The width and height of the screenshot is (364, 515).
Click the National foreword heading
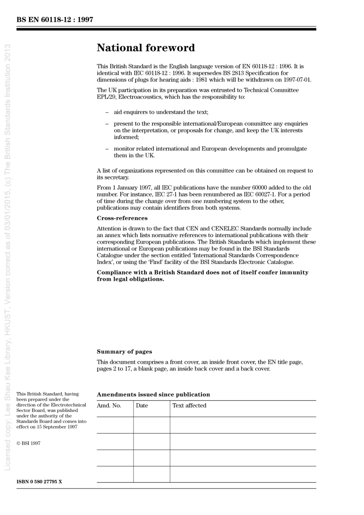146,48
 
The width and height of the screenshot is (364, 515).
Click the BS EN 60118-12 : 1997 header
55,20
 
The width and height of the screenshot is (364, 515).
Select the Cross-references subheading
122,218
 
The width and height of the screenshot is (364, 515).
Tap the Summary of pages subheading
124,352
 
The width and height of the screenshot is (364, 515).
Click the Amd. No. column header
109,405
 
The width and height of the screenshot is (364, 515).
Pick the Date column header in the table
142,405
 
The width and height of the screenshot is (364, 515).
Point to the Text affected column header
189,405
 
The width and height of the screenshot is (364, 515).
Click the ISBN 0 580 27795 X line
39,481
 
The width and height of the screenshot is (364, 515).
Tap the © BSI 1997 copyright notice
28,443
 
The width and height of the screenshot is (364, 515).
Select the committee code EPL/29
106,97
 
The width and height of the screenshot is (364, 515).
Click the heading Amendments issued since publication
153,394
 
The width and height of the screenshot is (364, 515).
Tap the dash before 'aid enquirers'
107,113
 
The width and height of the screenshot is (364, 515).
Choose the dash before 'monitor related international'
107,149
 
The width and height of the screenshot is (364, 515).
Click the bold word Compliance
114,273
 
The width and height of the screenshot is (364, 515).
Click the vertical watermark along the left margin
8,257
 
